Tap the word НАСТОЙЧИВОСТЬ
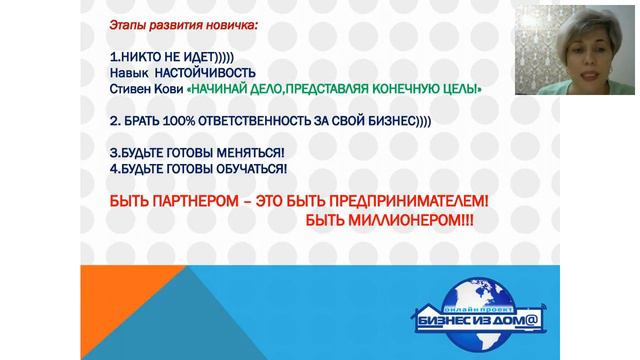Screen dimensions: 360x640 206,74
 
